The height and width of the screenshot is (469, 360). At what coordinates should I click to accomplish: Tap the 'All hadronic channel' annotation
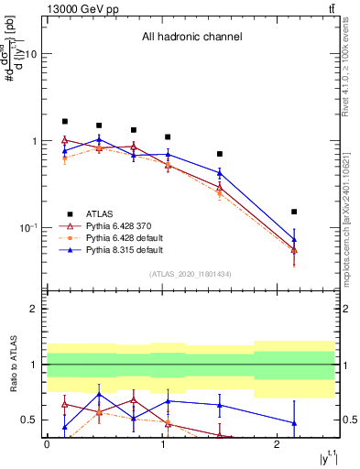coord(191,38)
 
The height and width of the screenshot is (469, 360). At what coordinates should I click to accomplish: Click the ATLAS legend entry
coord(98,212)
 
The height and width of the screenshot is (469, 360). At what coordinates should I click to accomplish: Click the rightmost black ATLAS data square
coord(294,212)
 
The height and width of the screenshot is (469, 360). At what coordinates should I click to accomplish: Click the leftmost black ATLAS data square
coord(65,121)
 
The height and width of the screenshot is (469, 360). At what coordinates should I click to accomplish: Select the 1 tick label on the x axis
coord(162,443)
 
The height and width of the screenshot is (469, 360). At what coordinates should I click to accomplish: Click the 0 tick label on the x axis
coord(47,443)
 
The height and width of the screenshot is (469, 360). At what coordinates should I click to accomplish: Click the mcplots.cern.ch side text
coord(347,220)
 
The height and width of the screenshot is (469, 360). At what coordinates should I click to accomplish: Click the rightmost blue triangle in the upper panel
coord(294,239)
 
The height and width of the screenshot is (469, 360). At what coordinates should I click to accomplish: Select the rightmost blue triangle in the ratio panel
coord(294,423)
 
